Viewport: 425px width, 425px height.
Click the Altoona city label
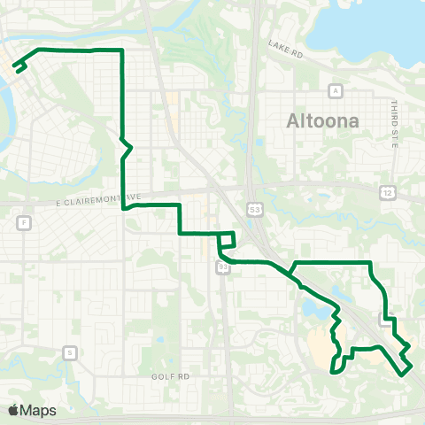(323, 121)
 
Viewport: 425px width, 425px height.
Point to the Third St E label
(394, 122)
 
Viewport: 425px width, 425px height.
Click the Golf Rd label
(174, 375)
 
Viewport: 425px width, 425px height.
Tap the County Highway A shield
(336, 90)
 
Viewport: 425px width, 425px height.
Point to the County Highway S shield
(70, 352)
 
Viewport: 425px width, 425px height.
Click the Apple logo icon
(13, 410)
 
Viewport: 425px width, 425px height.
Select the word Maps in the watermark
(38, 410)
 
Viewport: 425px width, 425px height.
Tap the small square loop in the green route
(227, 239)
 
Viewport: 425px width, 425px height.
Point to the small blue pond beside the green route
(312, 309)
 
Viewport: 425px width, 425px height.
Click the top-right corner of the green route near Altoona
(369, 262)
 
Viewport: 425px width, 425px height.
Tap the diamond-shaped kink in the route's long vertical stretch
(126, 146)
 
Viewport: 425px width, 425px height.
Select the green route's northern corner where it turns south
(121, 51)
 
